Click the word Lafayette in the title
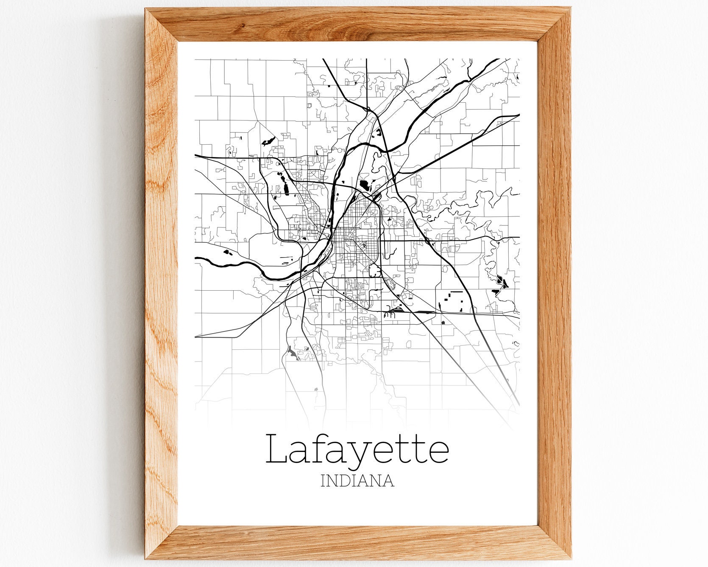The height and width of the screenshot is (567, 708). (x=357, y=449)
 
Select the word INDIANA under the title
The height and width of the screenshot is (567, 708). (x=357, y=481)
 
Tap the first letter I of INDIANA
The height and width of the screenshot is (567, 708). (x=323, y=481)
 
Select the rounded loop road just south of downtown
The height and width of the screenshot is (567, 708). (x=375, y=270)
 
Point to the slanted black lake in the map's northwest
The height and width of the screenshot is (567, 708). (x=268, y=141)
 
